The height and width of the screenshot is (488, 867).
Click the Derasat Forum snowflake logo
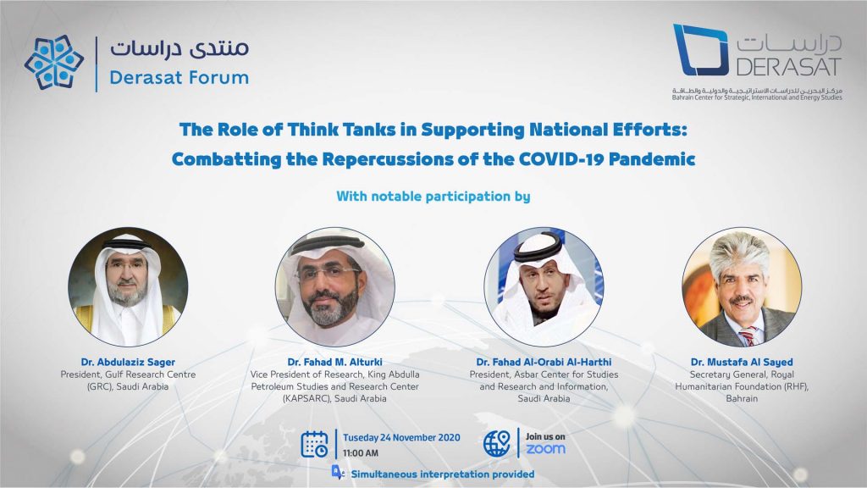[x=54, y=62]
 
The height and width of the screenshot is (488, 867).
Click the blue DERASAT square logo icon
[x=700, y=50]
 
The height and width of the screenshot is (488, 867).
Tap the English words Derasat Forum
[x=179, y=77]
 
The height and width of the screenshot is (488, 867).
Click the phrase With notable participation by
[x=433, y=197]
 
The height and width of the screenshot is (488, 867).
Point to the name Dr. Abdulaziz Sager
[x=128, y=362]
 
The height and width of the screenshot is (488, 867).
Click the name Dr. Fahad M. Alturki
[x=334, y=362]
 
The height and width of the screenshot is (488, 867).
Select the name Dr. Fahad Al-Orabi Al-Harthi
[x=544, y=362]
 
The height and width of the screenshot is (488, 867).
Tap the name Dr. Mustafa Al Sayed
[x=742, y=362]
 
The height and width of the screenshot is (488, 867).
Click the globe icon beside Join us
[x=496, y=444]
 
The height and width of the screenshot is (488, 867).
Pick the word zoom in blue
[x=545, y=449]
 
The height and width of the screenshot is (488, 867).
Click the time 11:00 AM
[x=361, y=453]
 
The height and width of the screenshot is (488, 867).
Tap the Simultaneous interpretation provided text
[x=442, y=474]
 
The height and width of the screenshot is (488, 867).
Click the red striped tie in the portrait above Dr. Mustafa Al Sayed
[x=748, y=335]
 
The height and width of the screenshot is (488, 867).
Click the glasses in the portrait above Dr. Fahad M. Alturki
[x=328, y=274]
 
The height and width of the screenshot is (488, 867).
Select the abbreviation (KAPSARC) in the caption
[x=306, y=398]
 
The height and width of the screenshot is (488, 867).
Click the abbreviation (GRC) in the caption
[x=100, y=386]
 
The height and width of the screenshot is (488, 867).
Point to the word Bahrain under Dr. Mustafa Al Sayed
[x=742, y=398]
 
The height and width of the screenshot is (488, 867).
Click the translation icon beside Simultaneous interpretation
[x=337, y=472]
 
